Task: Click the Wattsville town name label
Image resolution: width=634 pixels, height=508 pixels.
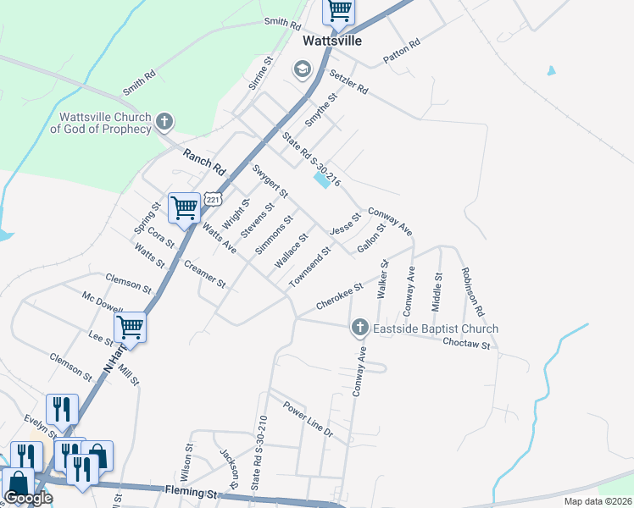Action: pos(333,41)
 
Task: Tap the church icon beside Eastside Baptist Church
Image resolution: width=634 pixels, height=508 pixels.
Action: pos(359,328)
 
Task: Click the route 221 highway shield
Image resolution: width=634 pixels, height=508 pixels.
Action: pos(214,200)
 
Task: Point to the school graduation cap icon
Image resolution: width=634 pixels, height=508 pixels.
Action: pos(302,69)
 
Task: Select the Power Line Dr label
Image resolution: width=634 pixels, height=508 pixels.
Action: pos(309,418)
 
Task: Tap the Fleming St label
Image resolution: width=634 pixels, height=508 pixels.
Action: pos(192,492)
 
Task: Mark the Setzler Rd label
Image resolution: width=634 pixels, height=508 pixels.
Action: pos(349,82)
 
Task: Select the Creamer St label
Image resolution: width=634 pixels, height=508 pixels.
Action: pos(205,274)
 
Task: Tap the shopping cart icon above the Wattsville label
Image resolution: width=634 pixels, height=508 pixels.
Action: pos(338,11)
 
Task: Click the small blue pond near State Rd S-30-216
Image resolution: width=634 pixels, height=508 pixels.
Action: pos(323,179)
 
